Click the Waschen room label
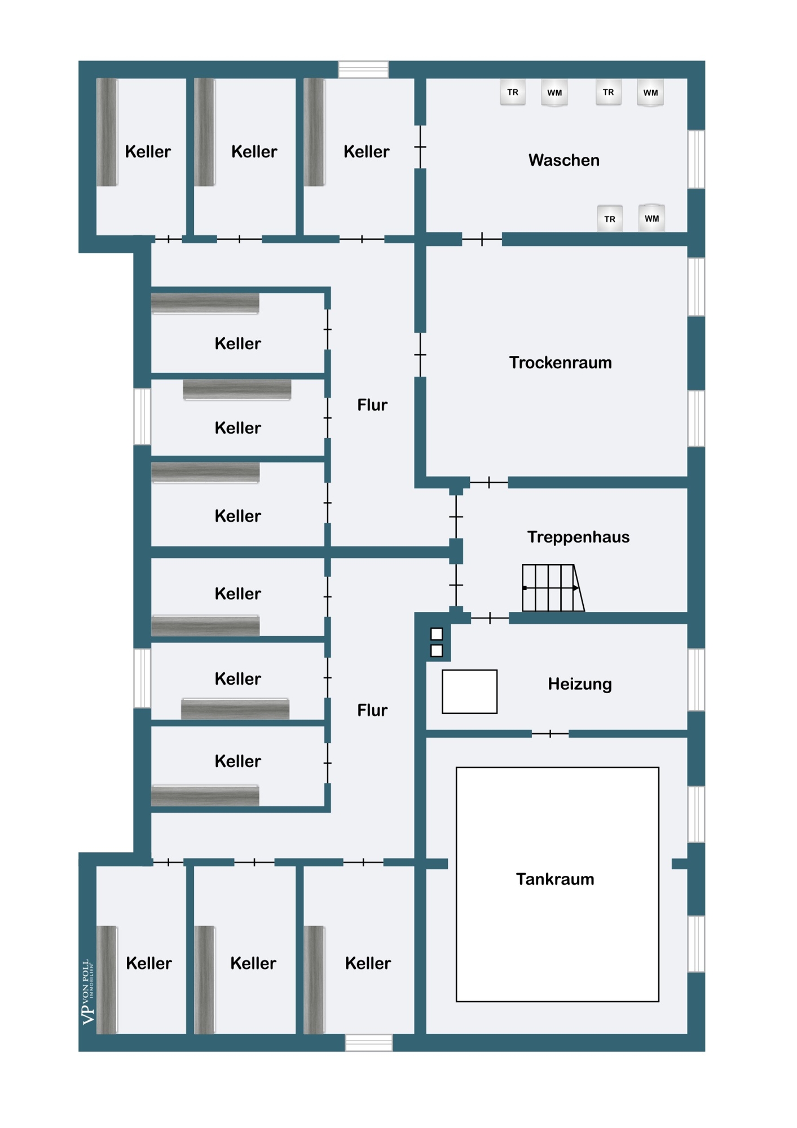[x=563, y=160]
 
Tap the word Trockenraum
[x=560, y=363]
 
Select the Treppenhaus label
[x=578, y=537]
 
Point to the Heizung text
[x=580, y=684]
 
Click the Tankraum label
[x=555, y=879]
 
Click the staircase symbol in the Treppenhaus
[x=553, y=588]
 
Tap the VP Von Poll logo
[x=88, y=992]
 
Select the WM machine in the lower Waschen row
[x=651, y=218]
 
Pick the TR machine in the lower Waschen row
[x=610, y=219]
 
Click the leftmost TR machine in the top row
[x=513, y=92]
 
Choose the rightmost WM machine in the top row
[x=650, y=92]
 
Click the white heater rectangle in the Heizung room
[x=469, y=691]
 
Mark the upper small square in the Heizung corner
[x=437, y=634]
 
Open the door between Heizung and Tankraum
[x=550, y=734]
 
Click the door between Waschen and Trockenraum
[x=482, y=239]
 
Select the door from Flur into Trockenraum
[x=420, y=355]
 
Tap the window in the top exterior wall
[x=363, y=69]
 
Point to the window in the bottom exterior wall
[x=369, y=1043]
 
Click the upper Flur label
[x=372, y=405]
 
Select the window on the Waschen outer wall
[x=697, y=159]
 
